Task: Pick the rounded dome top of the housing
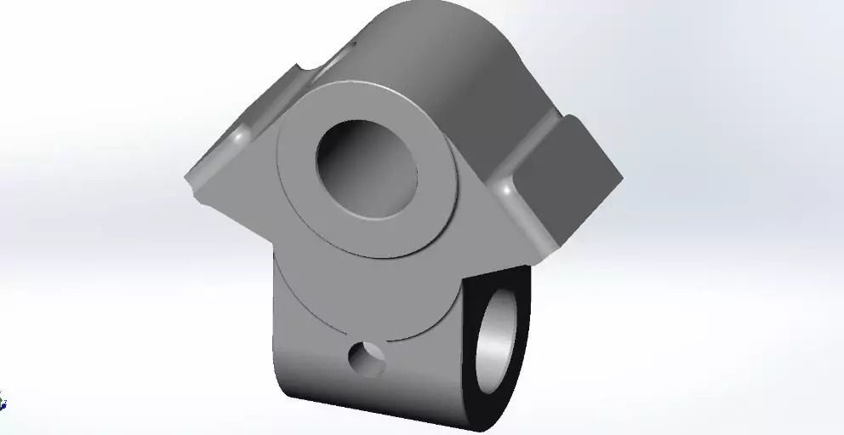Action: (x=434, y=34)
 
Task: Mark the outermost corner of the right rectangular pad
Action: (x=622, y=180)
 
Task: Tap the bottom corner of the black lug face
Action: (x=502, y=426)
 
